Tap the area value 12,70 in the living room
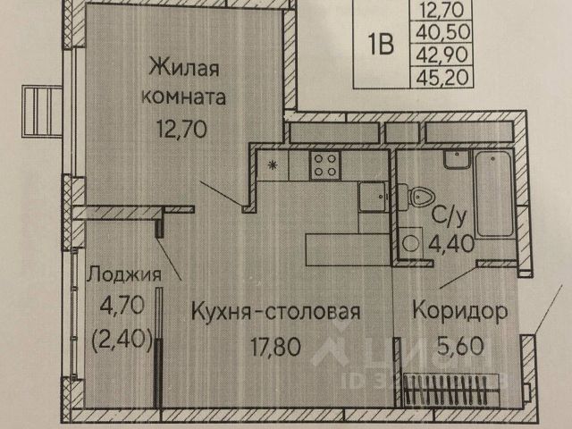(182, 129)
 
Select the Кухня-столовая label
(275, 312)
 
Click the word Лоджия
(124, 275)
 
